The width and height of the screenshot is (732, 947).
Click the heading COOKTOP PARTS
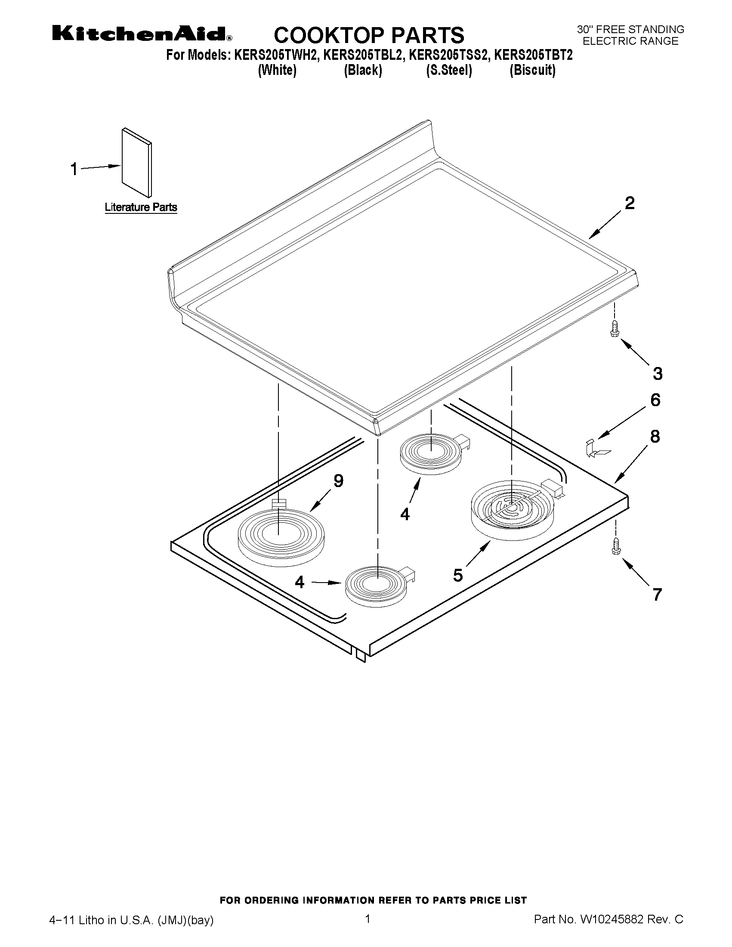pyautogui.click(x=369, y=35)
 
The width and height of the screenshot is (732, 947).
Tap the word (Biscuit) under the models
pyautogui.click(x=532, y=70)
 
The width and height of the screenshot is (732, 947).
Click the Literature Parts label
pyautogui.click(x=141, y=207)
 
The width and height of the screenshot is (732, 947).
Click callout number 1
pyautogui.click(x=74, y=169)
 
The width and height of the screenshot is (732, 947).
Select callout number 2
pyautogui.click(x=630, y=203)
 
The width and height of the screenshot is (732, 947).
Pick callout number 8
pyautogui.click(x=655, y=437)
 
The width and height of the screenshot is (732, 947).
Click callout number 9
pyautogui.click(x=338, y=481)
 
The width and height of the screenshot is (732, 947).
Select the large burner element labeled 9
pyautogui.click(x=280, y=537)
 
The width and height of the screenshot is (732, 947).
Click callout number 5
pyautogui.click(x=458, y=575)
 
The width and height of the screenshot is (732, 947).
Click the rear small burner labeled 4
pyautogui.click(x=431, y=453)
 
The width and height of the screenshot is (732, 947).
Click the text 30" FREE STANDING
pyautogui.click(x=630, y=30)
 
